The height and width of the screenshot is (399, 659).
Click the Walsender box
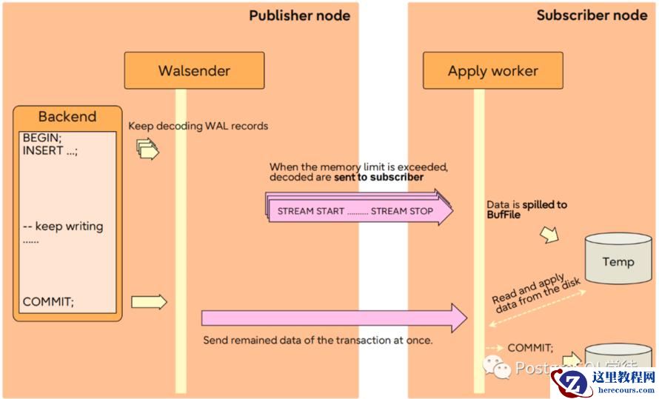(194, 71)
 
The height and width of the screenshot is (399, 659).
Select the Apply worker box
(492, 71)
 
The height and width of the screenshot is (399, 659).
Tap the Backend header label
(67, 116)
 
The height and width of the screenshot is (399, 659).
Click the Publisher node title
(299, 16)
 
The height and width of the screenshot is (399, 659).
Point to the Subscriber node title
(592, 16)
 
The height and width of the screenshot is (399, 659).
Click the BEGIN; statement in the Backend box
(43, 138)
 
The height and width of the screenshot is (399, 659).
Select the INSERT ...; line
(50, 150)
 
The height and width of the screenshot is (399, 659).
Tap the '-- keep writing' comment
(63, 227)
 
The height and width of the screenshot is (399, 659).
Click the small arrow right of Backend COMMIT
(149, 301)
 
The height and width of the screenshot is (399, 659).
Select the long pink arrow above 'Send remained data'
(334, 318)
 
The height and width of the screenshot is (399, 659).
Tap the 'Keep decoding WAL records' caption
(198, 126)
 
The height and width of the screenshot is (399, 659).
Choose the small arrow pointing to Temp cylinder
(549, 234)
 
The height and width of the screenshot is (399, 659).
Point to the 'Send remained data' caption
(318, 341)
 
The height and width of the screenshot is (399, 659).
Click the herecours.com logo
(603, 382)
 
